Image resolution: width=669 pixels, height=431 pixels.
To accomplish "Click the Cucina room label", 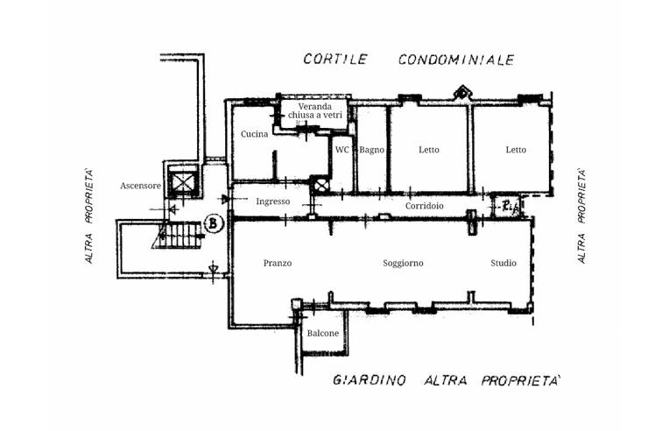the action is tap(254, 134).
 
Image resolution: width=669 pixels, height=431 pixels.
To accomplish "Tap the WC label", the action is tap(342, 150).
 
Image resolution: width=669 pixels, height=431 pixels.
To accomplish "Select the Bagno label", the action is tap(371, 150).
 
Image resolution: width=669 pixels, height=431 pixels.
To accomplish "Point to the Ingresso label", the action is tap(273, 201).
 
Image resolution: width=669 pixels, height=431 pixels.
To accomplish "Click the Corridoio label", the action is tap(425, 206).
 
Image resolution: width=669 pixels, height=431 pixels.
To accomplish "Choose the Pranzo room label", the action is tap(278, 263).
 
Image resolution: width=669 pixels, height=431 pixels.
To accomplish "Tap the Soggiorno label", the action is tap(403, 264).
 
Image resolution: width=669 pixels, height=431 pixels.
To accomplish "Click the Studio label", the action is tap(504, 263).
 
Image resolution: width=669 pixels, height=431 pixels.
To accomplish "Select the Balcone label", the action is tap(323, 333).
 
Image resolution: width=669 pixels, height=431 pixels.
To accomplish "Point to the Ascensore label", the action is tap(140, 186).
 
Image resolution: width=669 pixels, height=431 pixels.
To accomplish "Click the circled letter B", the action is tap(214, 223).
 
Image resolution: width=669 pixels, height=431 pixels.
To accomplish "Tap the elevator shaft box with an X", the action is tap(184, 182).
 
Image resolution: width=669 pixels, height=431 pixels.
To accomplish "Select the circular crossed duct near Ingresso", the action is tap(320, 185).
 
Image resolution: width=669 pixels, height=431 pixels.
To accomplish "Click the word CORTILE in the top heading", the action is tap(335, 59).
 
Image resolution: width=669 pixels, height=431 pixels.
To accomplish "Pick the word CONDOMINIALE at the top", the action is tap(456, 60).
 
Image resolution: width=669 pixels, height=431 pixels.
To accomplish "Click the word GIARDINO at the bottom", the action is tap(369, 379).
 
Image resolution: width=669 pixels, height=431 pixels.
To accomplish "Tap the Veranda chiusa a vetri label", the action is tap(315, 110).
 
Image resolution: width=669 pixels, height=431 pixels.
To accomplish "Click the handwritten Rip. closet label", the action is tap(510, 207).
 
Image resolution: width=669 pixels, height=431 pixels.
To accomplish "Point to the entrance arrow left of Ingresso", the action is tap(225, 199).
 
